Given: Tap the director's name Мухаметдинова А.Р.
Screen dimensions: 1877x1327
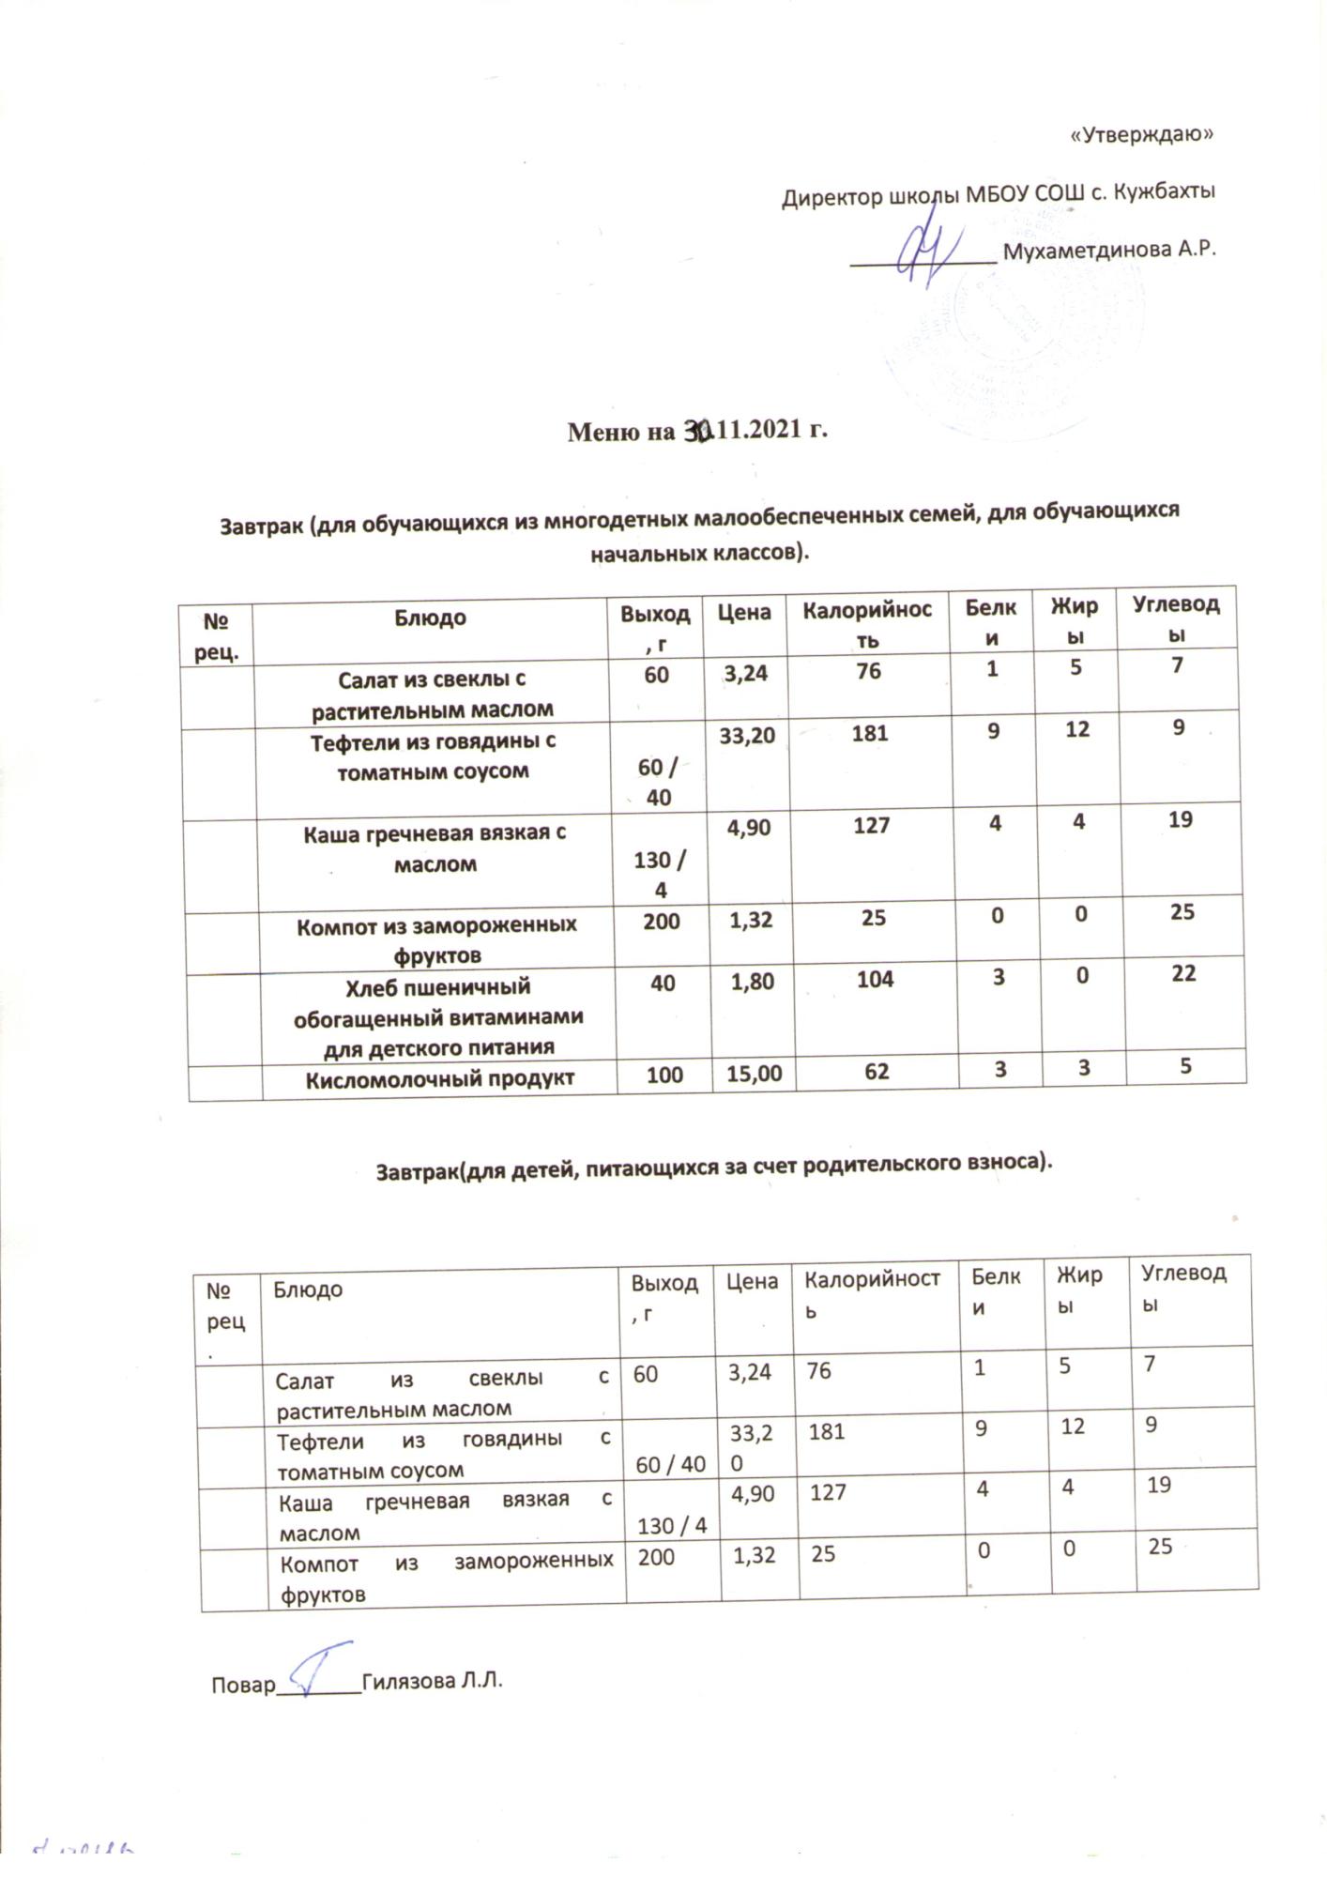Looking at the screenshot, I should click(x=1109, y=251).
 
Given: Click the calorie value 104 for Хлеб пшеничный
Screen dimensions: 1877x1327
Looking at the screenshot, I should click(x=875, y=978).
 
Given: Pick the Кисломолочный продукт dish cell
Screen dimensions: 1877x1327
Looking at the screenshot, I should click(x=439, y=1079).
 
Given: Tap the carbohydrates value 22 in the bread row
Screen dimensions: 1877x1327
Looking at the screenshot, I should click(x=1183, y=973).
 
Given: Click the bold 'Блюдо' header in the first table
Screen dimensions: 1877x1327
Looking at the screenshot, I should click(x=430, y=618).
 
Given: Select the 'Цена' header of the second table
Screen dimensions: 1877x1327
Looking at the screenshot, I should click(x=752, y=1282).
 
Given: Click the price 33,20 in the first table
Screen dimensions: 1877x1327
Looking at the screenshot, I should click(x=747, y=735).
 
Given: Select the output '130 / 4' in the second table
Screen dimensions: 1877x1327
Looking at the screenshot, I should click(x=671, y=1526).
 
